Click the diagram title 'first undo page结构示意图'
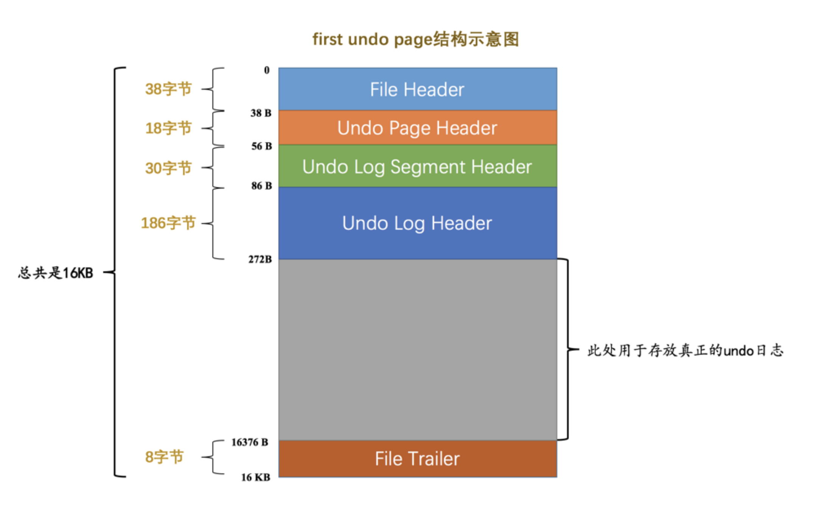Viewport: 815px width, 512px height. point(415,39)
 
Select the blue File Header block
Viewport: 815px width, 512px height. point(417,89)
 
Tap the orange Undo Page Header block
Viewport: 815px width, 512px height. point(417,128)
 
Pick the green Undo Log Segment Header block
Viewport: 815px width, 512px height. point(417,167)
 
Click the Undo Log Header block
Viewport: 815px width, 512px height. point(417,223)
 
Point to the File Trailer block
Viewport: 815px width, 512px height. point(417,459)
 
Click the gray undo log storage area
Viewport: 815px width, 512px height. point(417,349)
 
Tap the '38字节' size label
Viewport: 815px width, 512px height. point(168,89)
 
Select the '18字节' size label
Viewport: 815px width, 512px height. point(168,128)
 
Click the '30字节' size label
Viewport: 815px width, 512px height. point(168,168)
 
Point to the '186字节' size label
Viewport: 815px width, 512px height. point(168,223)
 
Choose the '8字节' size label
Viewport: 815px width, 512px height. point(164,457)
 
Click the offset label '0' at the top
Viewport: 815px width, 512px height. point(267,70)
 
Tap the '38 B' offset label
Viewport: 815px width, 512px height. point(261,113)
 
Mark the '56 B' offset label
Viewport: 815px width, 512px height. point(261,146)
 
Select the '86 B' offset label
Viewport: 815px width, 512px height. point(261,186)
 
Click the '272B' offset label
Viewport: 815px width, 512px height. point(260,259)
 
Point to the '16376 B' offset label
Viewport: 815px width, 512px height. point(250,442)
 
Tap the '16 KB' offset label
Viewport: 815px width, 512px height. point(256,478)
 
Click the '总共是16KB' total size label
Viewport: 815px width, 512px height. point(56,273)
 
